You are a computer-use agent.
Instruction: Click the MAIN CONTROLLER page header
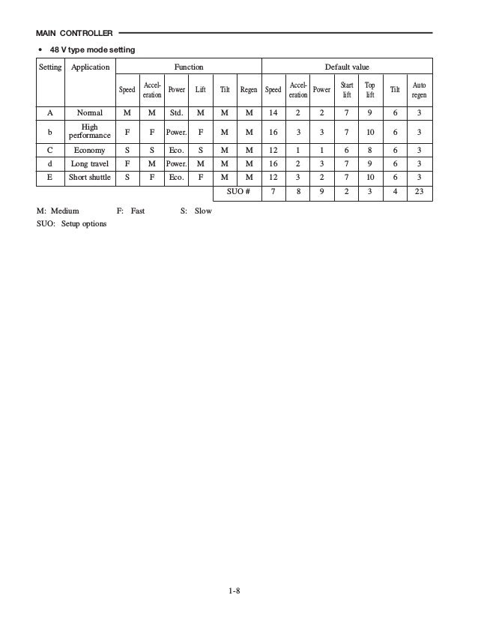coord(74,33)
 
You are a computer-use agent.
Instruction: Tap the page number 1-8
coord(235,592)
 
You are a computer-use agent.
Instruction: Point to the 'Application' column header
coord(90,67)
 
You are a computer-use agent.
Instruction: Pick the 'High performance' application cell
coord(90,131)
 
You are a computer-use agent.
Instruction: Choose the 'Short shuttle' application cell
coord(90,177)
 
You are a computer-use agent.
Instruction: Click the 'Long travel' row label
coord(90,163)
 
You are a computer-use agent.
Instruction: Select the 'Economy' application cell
coord(90,150)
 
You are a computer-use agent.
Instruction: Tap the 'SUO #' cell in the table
coord(238,191)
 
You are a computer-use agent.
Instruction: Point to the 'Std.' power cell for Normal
coord(177,113)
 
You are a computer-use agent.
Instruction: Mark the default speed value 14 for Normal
coord(273,113)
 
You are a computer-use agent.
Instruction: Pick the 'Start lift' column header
coord(347,90)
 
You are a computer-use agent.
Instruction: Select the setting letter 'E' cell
coord(50,177)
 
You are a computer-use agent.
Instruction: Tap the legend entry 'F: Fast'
coord(130,211)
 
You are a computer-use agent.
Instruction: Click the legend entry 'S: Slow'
coord(196,211)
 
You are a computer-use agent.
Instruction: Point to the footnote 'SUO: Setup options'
coord(71,224)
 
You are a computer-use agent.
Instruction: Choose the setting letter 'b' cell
coord(50,131)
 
